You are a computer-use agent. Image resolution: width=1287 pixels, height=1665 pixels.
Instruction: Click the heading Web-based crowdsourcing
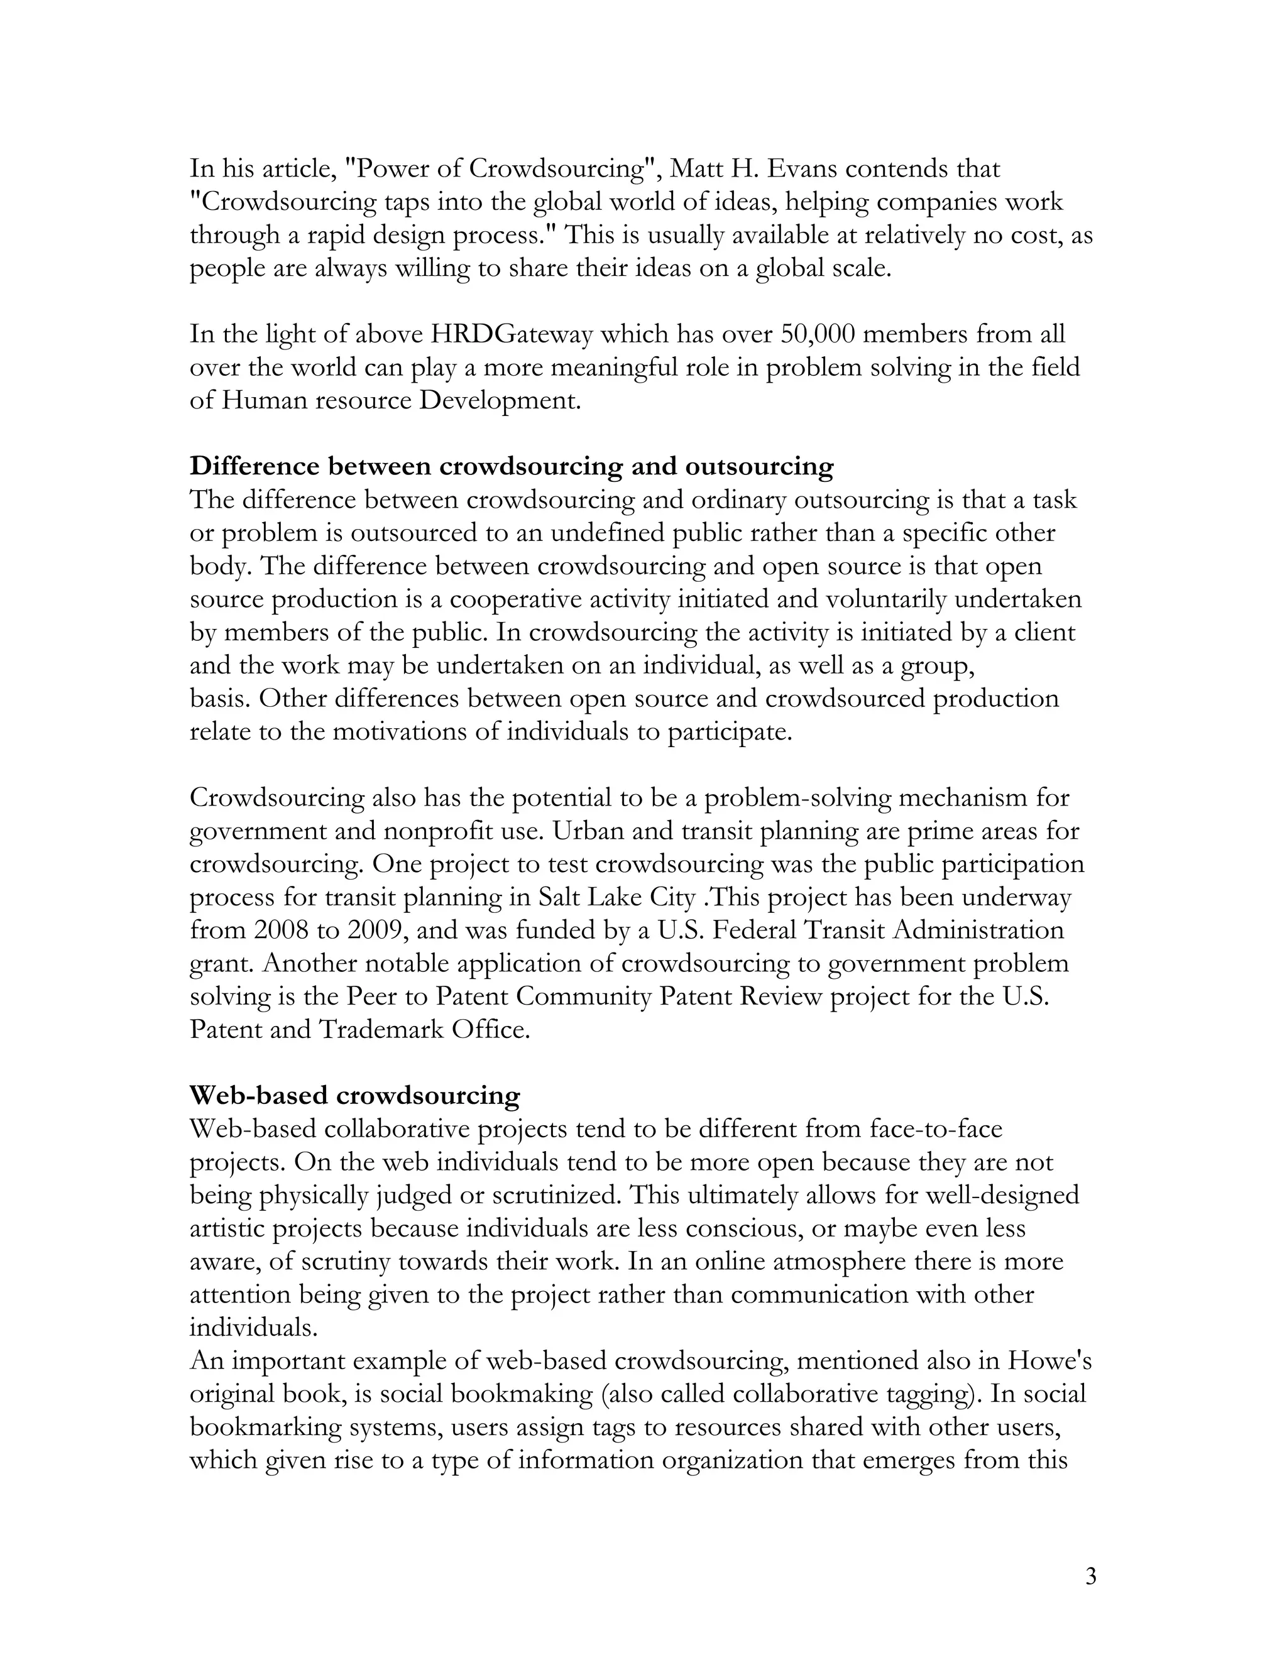click(354, 1096)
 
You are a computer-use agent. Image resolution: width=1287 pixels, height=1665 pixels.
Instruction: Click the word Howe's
click(1050, 1361)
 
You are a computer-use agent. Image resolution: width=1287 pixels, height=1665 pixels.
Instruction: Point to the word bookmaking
click(522, 1394)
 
